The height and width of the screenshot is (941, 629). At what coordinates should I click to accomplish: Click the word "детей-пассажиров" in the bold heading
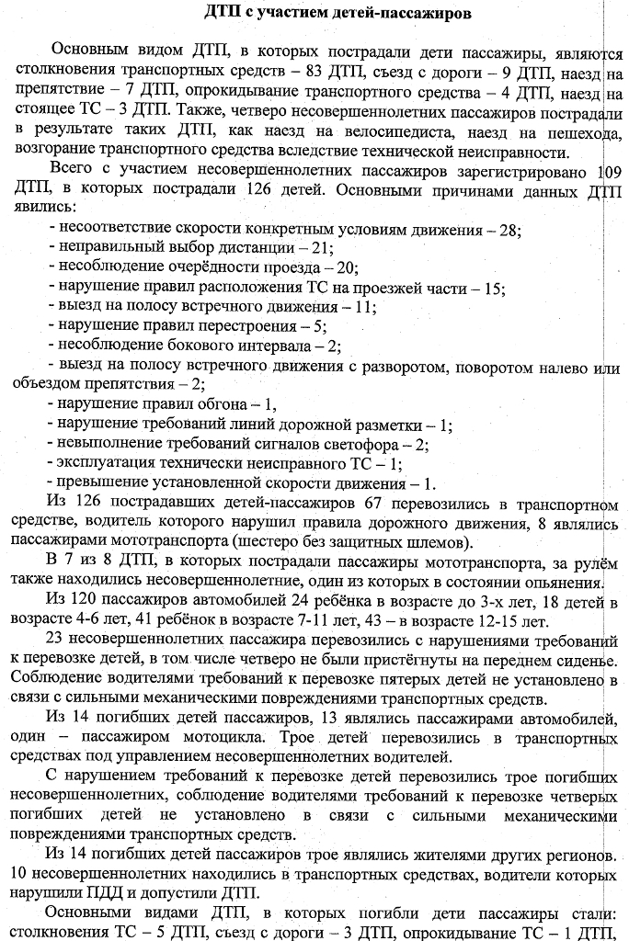click(368, 16)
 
